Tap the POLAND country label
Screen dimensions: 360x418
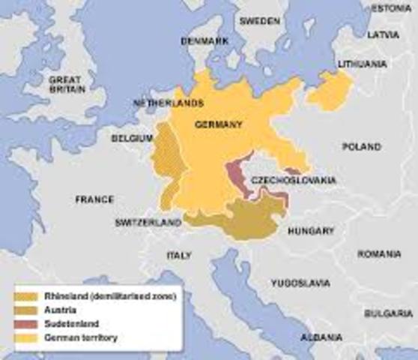coord(362,147)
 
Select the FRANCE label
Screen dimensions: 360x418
coord(94,199)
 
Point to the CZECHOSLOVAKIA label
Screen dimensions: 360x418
coord(293,181)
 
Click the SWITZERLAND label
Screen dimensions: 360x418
coord(148,223)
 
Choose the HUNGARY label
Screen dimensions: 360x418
coord(312,231)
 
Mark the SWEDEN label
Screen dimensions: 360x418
coord(259,21)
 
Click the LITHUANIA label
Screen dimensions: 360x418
coord(362,64)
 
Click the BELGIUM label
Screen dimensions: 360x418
coord(132,139)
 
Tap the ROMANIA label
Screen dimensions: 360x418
coord(379,255)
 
